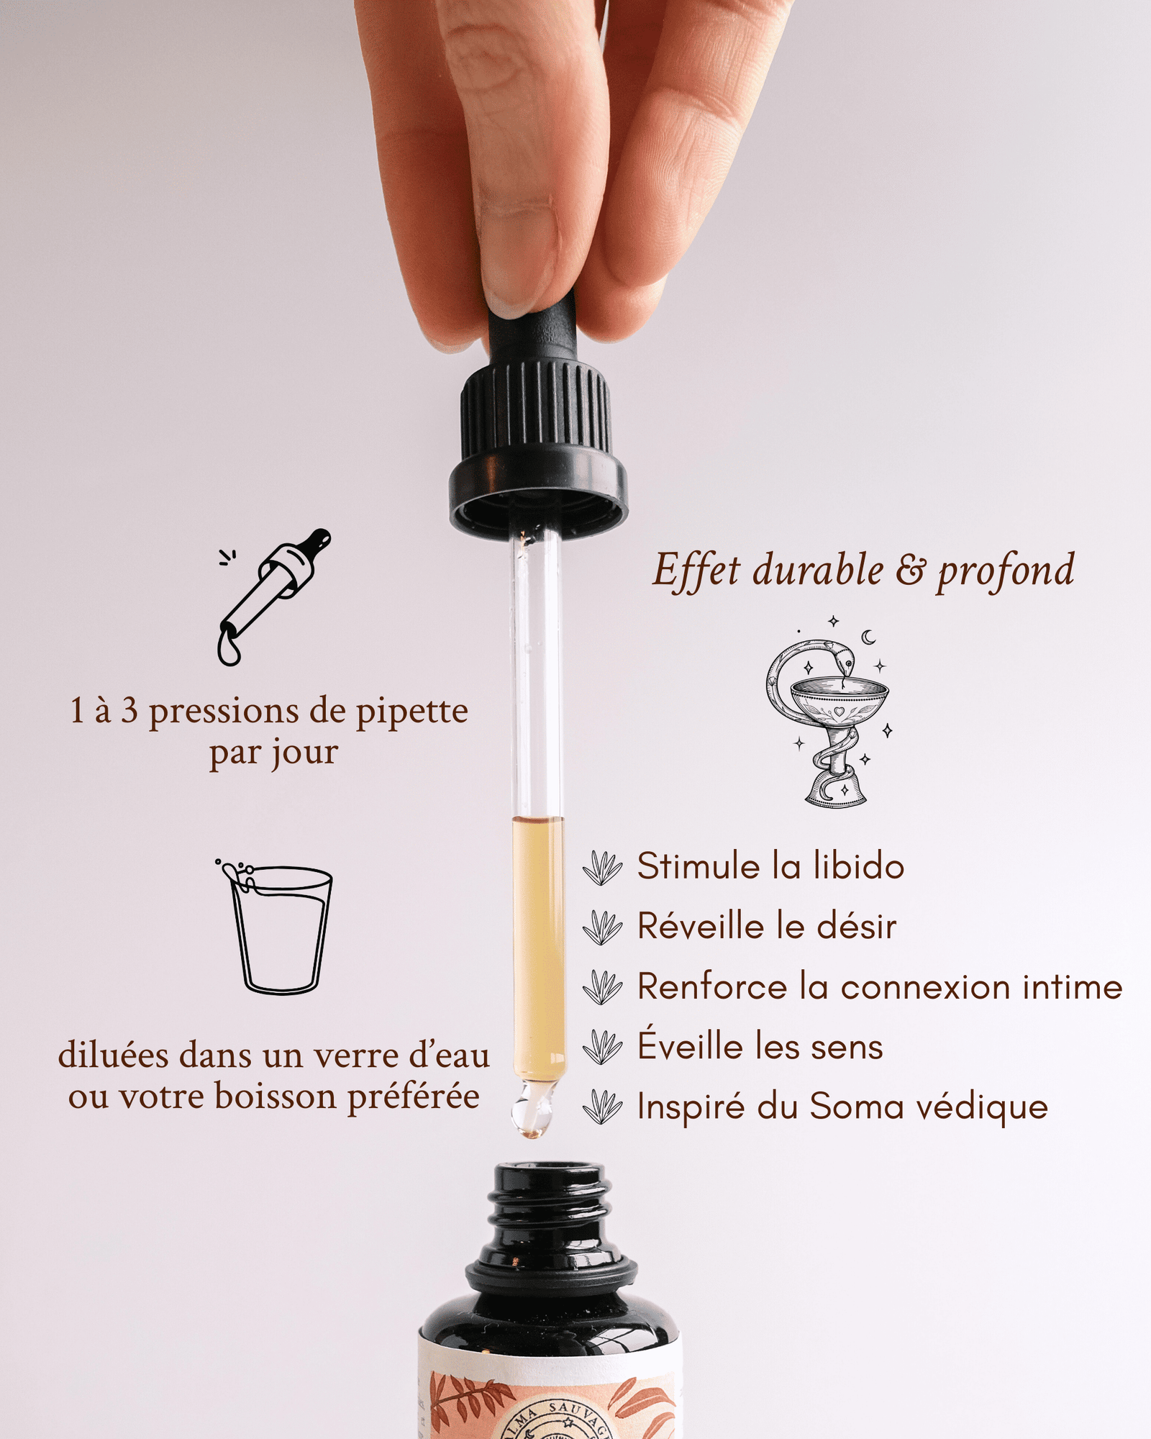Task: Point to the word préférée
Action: (x=414, y=1098)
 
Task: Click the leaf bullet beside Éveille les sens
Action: (x=602, y=1047)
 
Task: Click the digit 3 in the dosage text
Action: (x=129, y=711)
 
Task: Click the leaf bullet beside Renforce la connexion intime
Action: (x=602, y=987)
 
